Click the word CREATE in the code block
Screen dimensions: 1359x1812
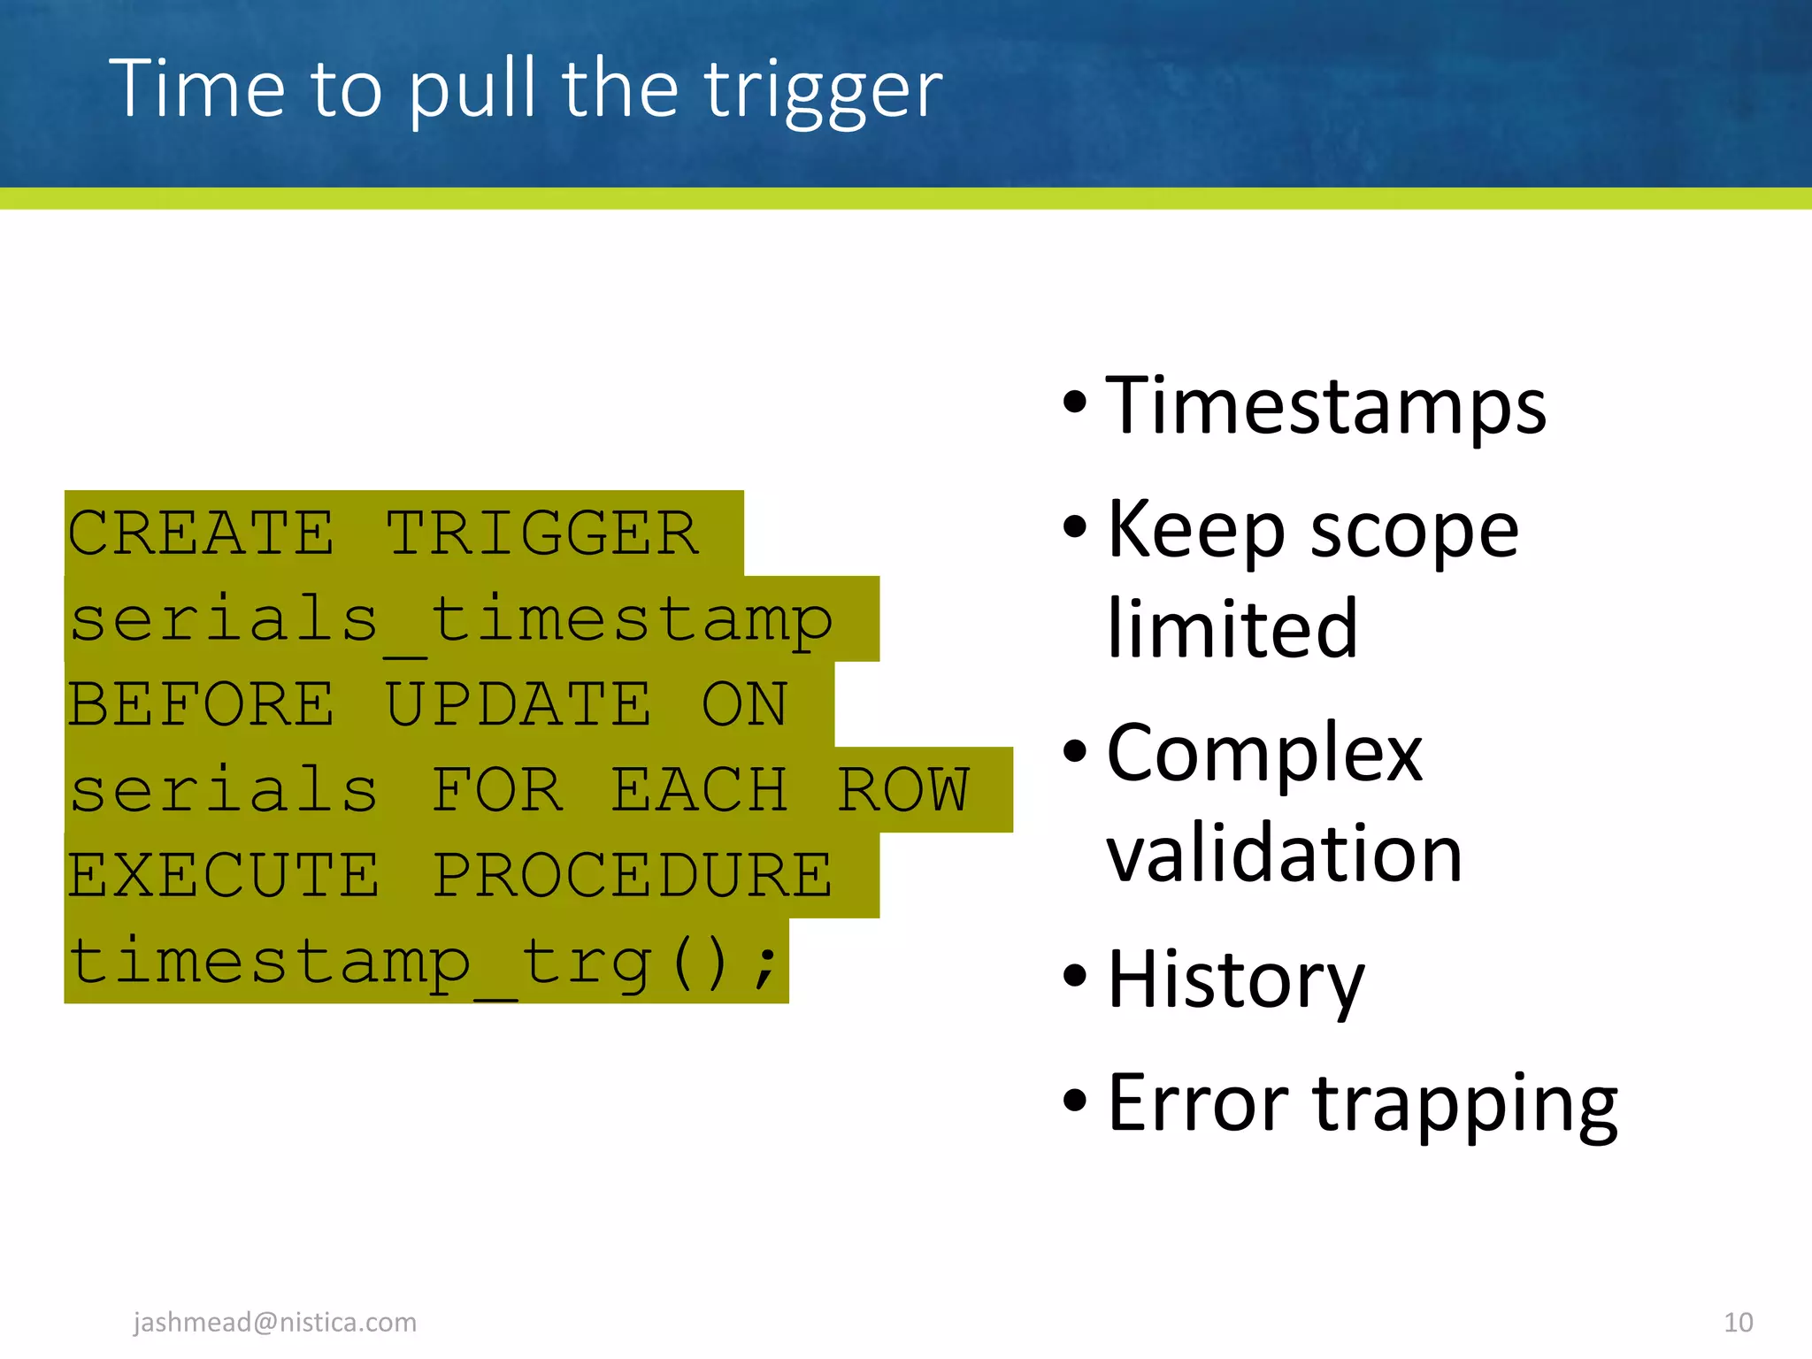click(x=201, y=534)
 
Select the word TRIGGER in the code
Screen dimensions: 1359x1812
click(x=542, y=534)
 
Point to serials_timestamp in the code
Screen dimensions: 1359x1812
click(x=451, y=620)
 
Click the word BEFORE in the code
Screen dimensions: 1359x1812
click(x=201, y=705)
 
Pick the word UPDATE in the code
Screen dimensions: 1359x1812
click(x=518, y=705)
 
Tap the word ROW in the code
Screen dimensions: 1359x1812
click(x=902, y=790)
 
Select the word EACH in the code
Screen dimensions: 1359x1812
click(x=699, y=790)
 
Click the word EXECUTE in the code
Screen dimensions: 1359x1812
click(x=224, y=876)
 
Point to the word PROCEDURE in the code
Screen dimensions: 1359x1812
click(x=632, y=876)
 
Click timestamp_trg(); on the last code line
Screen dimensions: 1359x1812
click(x=425, y=962)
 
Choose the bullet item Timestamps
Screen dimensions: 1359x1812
click(x=1325, y=407)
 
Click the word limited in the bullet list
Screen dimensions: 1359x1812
click(x=1232, y=629)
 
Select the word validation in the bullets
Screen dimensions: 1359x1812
click(x=1284, y=854)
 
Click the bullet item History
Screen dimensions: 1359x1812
click(x=1235, y=979)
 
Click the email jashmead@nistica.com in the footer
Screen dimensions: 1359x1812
click(x=274, y=1322)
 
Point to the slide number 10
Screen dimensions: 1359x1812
click(x=1738, y=1323)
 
